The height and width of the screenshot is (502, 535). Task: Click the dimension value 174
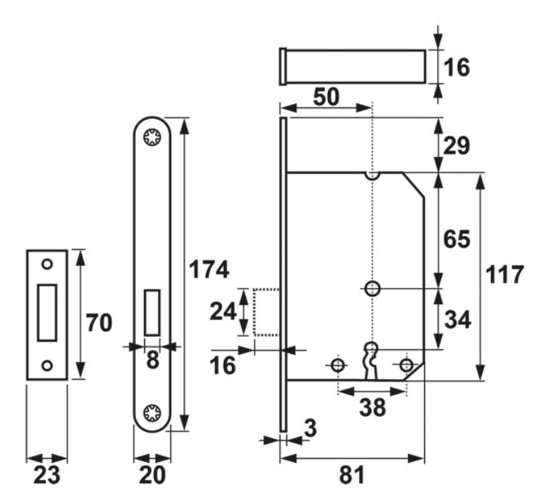pyautogui.click(x=208, y=270)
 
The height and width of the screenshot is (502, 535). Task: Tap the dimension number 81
pyautogui.click(x=351, y=476)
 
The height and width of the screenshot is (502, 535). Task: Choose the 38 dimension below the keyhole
pyautogui.click(x=372, y=408)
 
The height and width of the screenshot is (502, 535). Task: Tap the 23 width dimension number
pyautogui.click(x=46, y=476)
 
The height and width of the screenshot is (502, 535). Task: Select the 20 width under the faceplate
pyautogui.click(x=151, y=476)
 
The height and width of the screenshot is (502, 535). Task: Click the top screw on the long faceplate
pyautogui.click(x=152, y=138)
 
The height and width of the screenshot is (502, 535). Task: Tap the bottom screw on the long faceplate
pyautogui.click(x=152, y=412)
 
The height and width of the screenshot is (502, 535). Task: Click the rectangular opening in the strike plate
pyautogui.click(x=46, y=312)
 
